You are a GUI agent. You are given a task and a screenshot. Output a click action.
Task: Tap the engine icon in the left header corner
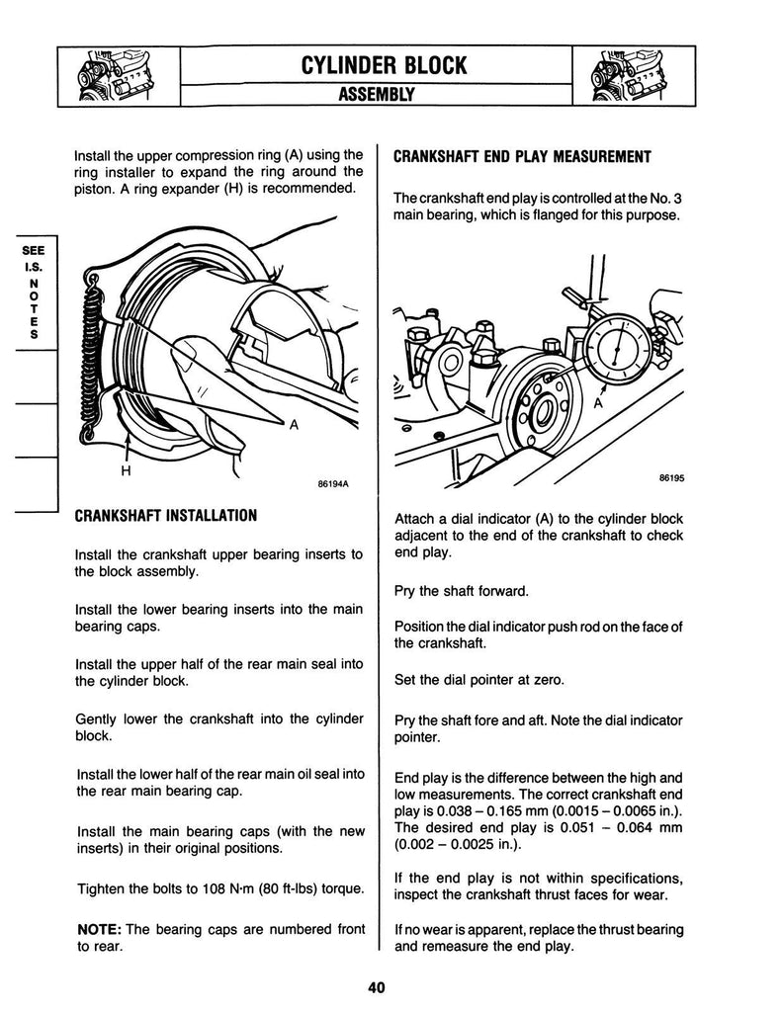(x=117, y=76)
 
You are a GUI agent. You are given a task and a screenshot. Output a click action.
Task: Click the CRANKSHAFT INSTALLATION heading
(x=166, y=515)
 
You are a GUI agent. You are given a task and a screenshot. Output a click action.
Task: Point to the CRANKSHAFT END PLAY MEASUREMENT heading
(x=522, y=157)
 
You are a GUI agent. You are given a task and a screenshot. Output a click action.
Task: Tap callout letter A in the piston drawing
(x=294, y=425)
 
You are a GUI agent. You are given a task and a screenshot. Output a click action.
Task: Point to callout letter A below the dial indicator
(x=599, y=404)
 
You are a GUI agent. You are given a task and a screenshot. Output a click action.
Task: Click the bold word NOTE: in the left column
(x=99, y=929)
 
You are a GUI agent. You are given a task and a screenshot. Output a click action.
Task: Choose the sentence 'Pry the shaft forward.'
(x=461, y=591)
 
